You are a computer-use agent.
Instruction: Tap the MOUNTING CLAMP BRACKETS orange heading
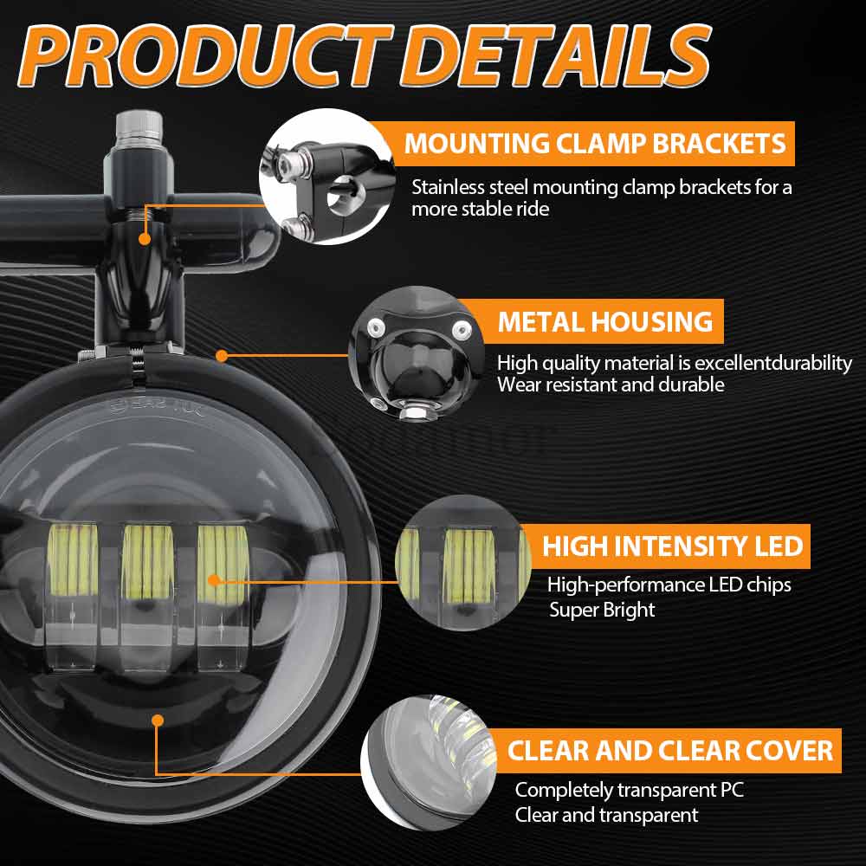tap(596, 143)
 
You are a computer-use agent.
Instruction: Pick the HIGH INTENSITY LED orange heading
tap(673, 546)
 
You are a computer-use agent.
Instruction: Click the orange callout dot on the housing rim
tap(222, 355)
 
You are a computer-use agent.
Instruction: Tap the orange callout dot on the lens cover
tap(157, 720)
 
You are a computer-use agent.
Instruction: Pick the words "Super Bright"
tap(602, 610)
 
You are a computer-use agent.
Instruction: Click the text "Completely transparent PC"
tap(629, 790)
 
